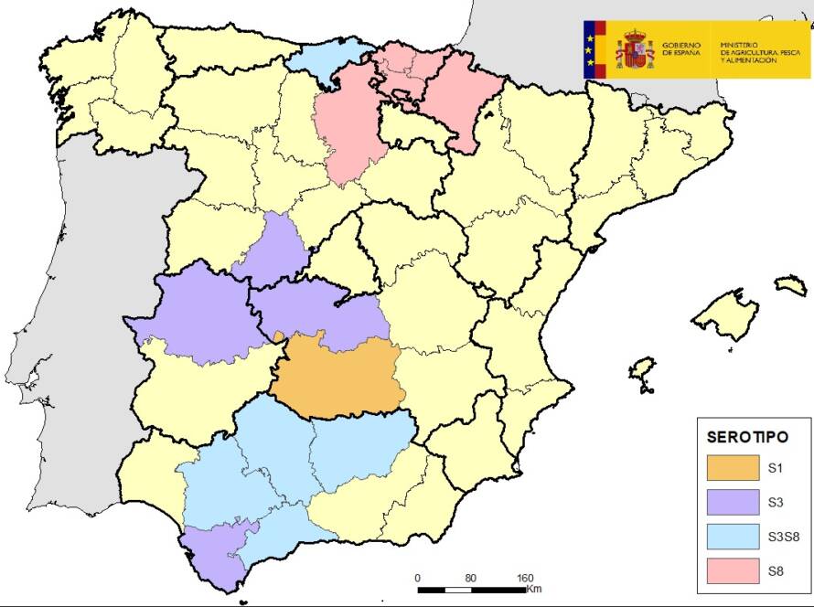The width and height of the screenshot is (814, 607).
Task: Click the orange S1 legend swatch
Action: pyautogui.click(x=733, y=468)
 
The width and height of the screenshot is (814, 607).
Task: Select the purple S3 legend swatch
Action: pyautogui.click(x=733, y=502)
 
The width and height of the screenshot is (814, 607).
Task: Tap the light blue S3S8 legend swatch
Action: pyautogui.click(x=733, y=537)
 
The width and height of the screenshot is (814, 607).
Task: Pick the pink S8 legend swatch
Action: pyautogui.click(x=733, y=570)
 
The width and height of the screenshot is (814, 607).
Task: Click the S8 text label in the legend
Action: pyautogui.click(x=777, y=570)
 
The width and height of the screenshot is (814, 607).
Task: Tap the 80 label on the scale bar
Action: pyautogui.click(x=471, y=578)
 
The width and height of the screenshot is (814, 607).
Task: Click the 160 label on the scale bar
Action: pyautogui.click(x=525, y=578)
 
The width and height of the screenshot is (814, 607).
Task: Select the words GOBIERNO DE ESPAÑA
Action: pyautogui.click(x=680, y=49)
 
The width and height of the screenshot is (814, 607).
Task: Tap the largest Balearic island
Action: pyautogui.click(x=725, y=312)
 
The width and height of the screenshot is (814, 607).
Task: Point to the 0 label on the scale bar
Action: pyautogui.click(x=417, y=578)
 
